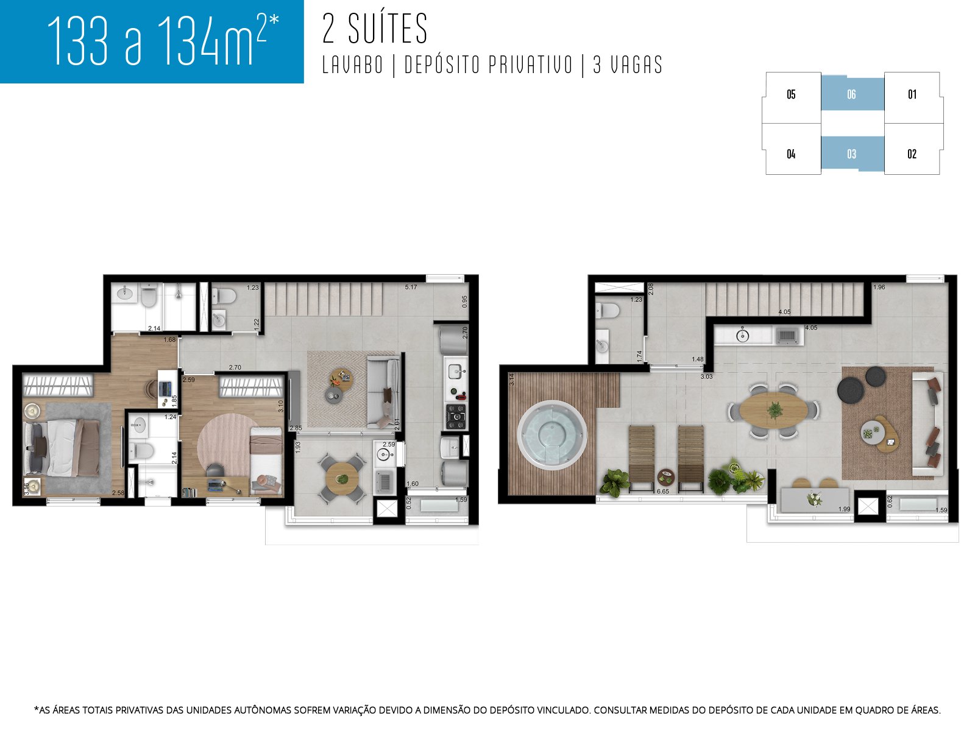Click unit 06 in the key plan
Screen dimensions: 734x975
point(851,94)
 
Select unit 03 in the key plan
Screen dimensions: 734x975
point(851,154)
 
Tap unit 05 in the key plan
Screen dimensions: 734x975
point(791,94)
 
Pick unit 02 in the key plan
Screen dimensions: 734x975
point(912,154)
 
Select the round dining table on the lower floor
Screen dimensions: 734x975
point(342,475)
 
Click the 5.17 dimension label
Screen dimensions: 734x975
point(411,287)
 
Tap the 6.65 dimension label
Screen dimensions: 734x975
point(663,491)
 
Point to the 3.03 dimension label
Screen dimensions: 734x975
point(706,376)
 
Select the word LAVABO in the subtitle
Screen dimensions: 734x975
point(353,65)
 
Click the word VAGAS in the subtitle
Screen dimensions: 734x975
point(636,65)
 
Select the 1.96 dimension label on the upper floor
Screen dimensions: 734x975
point(879,287)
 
